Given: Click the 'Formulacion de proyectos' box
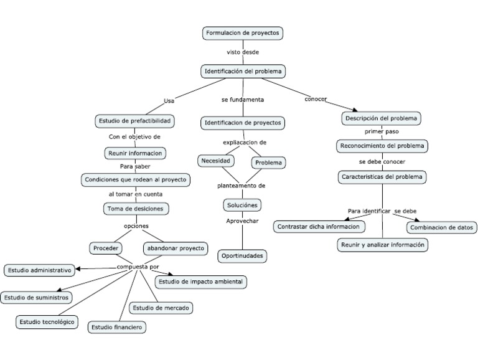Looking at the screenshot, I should coord(243,33).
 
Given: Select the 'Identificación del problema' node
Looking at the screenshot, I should coord(243,72).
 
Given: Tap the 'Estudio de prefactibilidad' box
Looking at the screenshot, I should coord(133,120).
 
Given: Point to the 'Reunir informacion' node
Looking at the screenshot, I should coord(135,153).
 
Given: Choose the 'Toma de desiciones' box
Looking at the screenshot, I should coord(136,209).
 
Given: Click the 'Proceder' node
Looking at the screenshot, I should coord(105,248).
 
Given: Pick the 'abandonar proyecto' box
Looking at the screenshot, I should coord(175,248).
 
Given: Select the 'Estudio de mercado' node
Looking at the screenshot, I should coord(161,308).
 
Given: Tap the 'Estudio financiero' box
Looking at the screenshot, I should coord(117,326).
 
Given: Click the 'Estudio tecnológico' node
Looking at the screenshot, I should coord(47,321).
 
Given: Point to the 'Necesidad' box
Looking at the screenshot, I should coord(216,161).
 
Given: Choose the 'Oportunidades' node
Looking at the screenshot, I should coord(243,255).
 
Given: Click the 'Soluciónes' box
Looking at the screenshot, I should coord(241,205).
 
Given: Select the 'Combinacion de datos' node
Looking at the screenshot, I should coord(442,227).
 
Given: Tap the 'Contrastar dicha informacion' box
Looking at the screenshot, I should coord(318,227).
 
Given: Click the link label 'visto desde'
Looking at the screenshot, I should coord(243,52).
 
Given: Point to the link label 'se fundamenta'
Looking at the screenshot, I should coord(242,100).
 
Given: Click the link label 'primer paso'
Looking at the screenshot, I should coord(382,132).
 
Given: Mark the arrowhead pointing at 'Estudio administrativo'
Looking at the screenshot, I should coord(78,269).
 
